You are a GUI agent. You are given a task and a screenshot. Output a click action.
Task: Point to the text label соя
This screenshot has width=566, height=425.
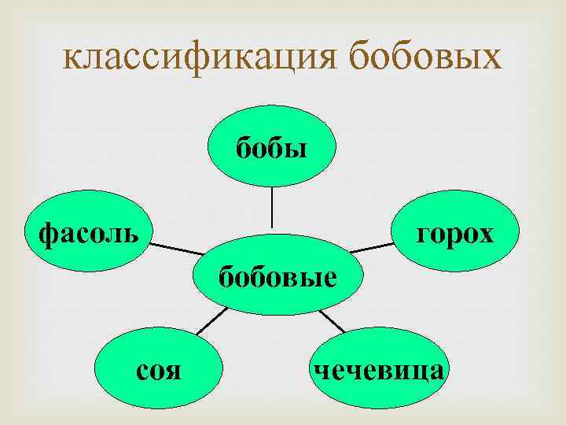(x=160, y=369)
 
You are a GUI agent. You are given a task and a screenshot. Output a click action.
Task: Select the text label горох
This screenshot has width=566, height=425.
(x=456, y=233)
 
